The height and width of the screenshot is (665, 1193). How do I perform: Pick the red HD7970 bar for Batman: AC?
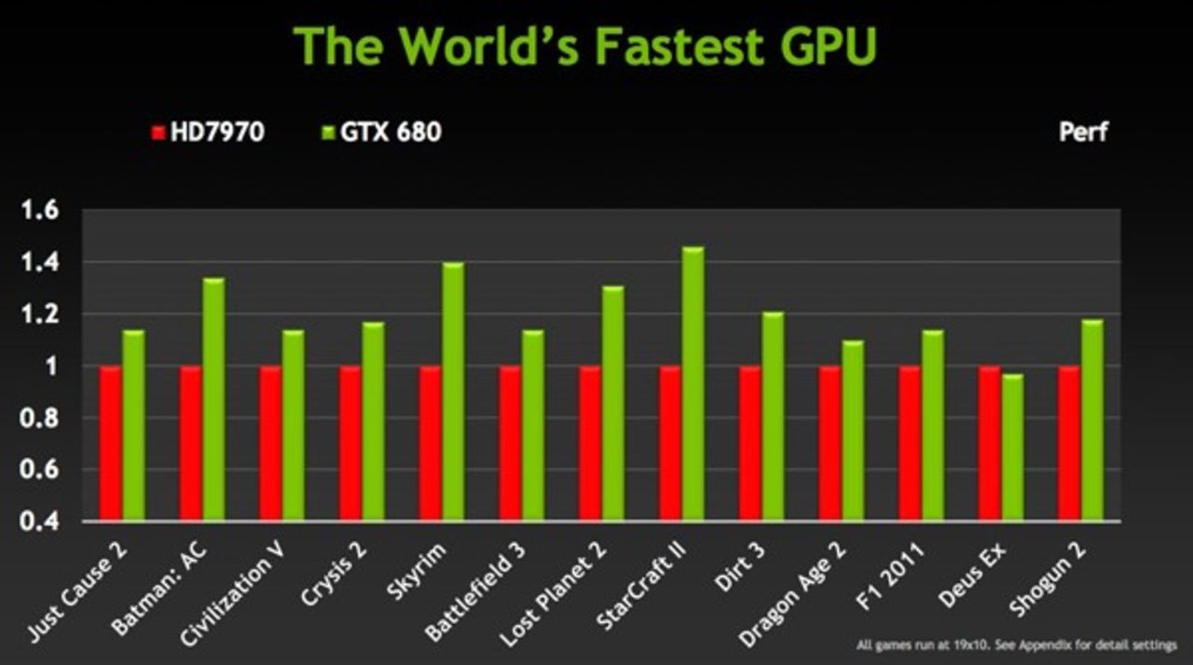tap(191, 443)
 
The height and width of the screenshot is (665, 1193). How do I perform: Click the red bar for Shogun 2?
tap(1069, 443)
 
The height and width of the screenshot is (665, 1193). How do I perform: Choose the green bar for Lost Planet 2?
tap(613, 402)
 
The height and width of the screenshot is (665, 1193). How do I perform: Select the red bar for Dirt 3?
tap(750, 443)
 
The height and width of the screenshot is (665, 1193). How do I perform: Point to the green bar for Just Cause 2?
tap(134, 424)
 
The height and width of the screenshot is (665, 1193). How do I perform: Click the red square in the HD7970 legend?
tap(158, 132)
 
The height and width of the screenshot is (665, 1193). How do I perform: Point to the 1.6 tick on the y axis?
tap(40, 211)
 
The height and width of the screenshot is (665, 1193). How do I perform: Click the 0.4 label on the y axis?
tap(40, 521)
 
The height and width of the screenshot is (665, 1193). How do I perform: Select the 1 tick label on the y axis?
tap(51, 367)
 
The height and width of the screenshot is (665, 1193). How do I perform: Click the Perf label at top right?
tap(1083, 132)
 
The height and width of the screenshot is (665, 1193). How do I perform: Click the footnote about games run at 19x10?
tap(1016, 644)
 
